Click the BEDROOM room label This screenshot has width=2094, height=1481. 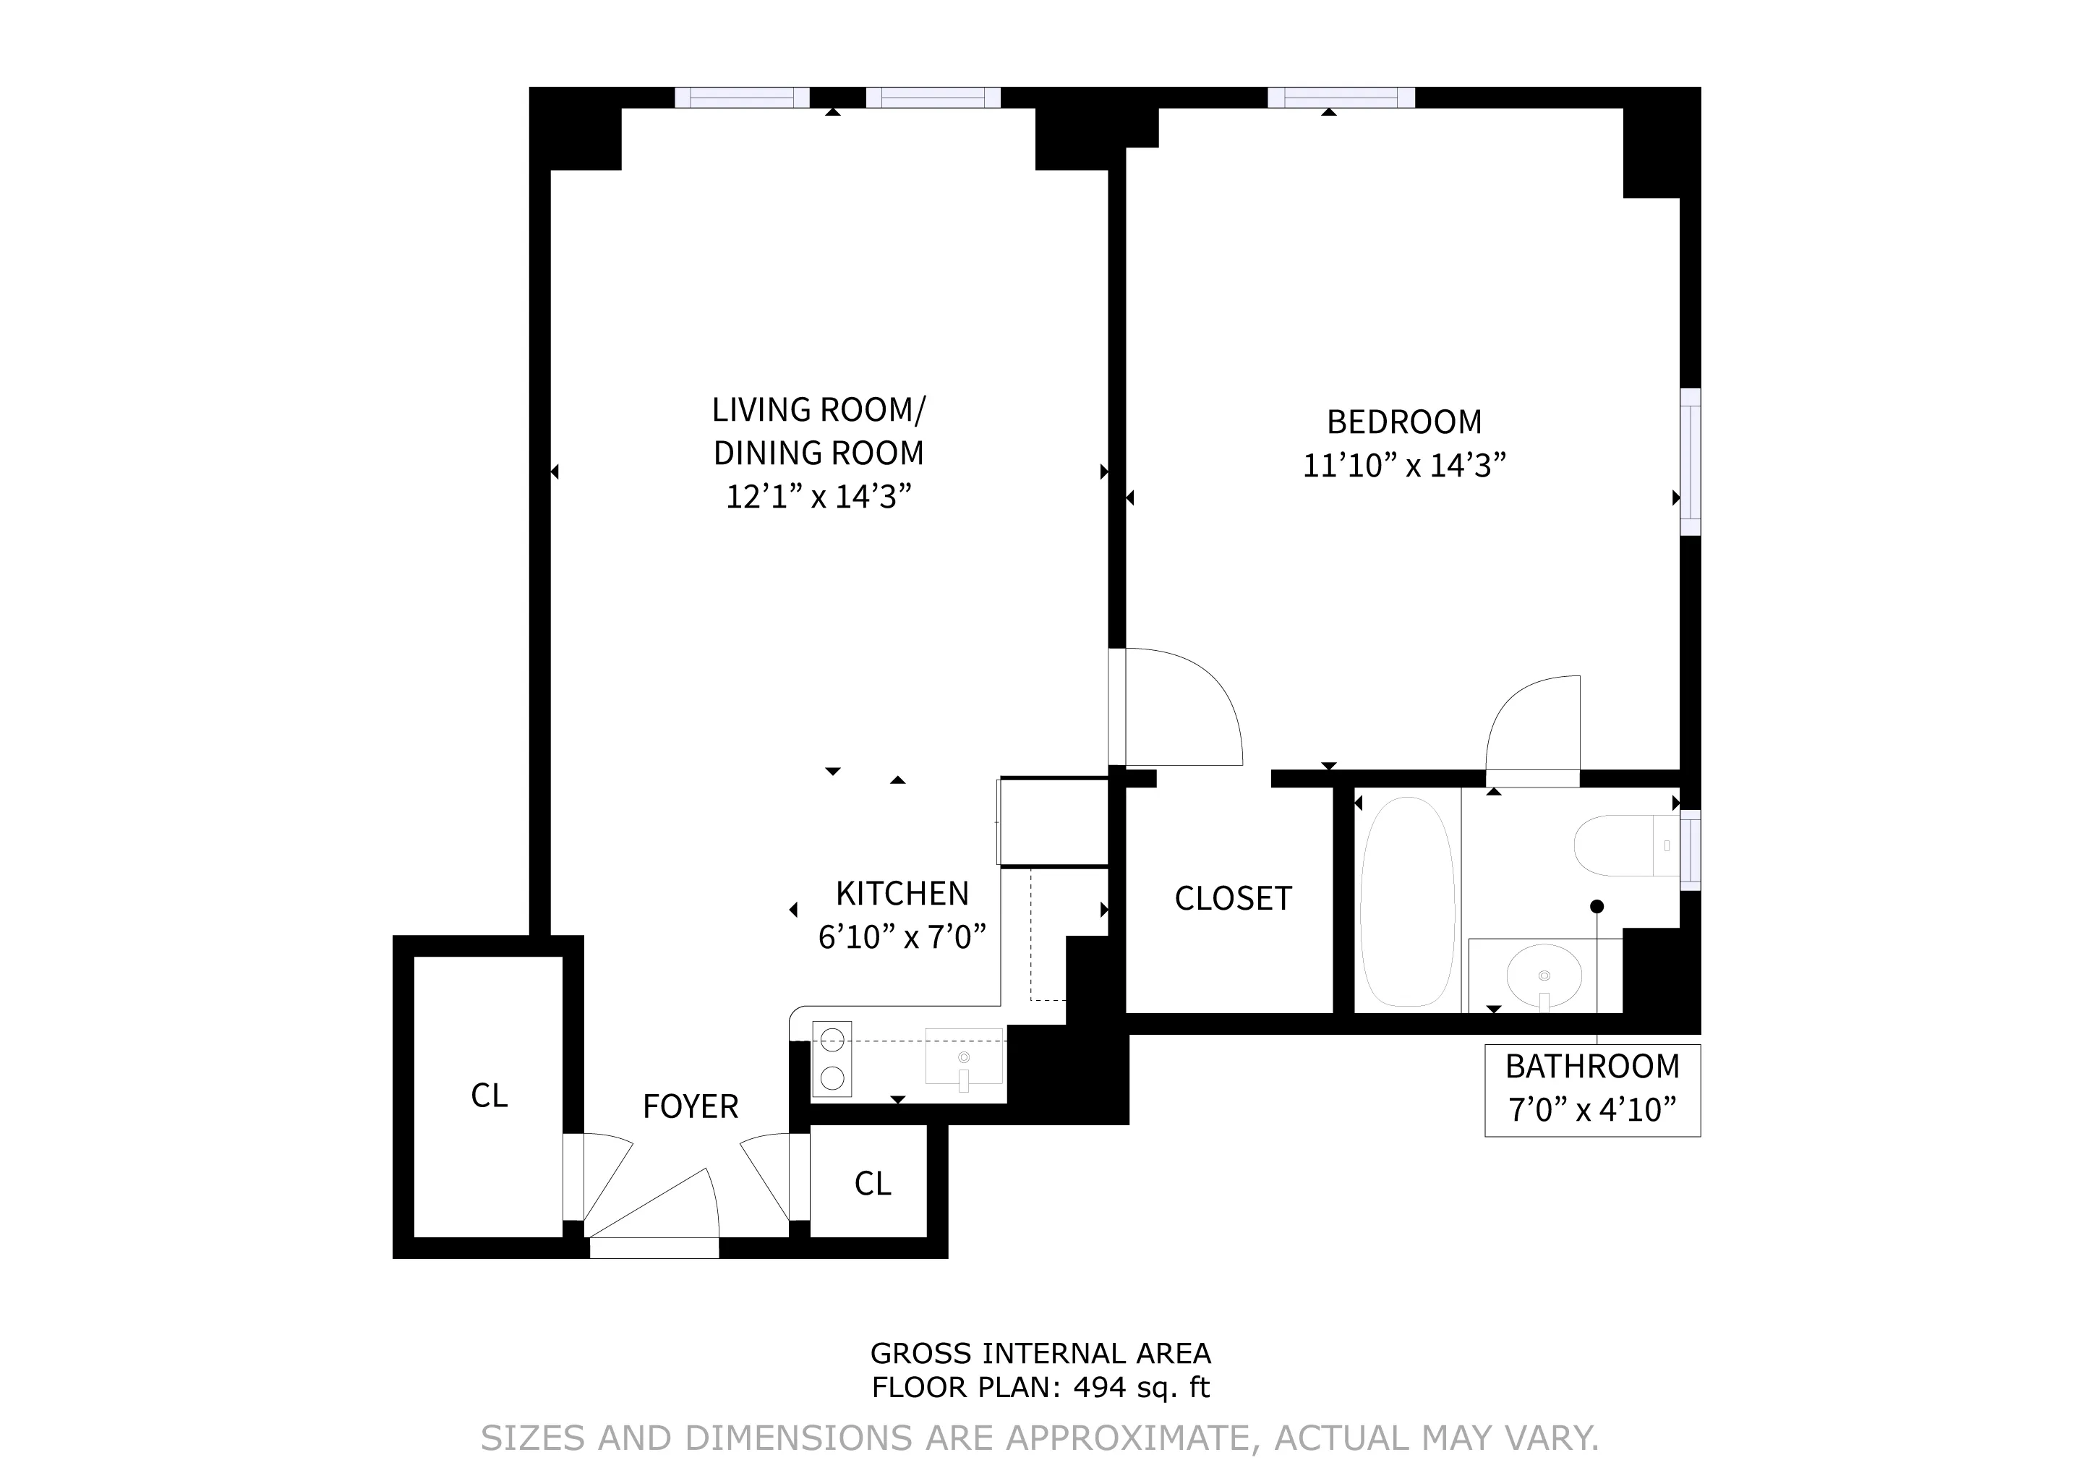click(x=1403, y=422)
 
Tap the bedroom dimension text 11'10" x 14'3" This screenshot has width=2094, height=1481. click(x=1403, y=466)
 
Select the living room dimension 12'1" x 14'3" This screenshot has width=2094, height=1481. click(x=818, y=497)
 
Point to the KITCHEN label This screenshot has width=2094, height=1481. click(x=902, y=894)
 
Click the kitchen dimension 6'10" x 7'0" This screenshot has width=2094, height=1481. click(x=902, y=937)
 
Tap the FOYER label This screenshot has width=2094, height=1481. click(x=691, y=1107)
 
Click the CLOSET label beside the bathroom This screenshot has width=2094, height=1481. click(x=1233, y=899)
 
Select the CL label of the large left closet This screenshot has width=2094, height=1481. click(x=489, y=1096)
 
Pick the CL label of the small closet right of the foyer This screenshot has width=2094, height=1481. click(x=872, y=1185)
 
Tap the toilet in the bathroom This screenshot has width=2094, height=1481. click(x=1623, y=845)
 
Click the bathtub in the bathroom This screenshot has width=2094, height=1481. click(x=1407, y=901)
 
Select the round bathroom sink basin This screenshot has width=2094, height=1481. click(x=1544, y=975)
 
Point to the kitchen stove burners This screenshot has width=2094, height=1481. click(x=832, y=1059)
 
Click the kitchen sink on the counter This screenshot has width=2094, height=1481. click(x=964, y=1057)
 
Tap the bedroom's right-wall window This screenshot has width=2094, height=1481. click(x=1690, y=461)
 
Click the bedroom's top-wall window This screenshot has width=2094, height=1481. click(x=1341, y=97)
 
